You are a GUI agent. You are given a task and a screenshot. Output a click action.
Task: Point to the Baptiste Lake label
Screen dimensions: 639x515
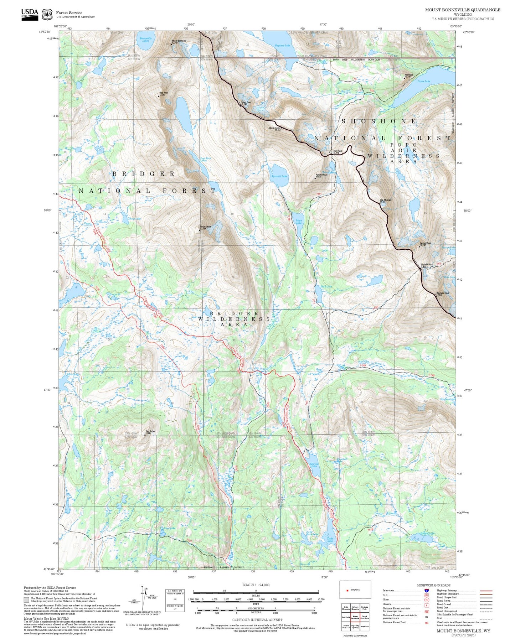coord(282,46)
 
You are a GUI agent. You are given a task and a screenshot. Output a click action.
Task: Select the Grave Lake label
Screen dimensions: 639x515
coord(424,81)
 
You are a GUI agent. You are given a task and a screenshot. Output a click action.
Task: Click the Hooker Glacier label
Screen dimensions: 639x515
coord(261,109)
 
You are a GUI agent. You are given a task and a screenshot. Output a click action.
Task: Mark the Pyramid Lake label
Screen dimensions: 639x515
coord(279,176)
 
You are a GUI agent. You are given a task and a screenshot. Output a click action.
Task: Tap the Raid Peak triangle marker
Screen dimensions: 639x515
coord(159,96)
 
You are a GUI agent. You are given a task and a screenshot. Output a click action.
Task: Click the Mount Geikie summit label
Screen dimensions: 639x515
coord(206,227)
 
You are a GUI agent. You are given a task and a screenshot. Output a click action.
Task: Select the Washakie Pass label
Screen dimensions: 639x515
coord(426,265)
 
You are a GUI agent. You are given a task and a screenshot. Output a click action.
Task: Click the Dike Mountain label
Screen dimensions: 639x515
coord(385,201)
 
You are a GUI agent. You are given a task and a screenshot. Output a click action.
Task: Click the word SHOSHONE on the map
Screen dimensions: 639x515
coord(378,121)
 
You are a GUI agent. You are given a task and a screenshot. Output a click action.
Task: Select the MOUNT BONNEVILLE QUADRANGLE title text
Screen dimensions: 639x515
coord(462,10)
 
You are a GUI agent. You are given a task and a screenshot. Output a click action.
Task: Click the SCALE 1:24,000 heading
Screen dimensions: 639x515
coord(256,585)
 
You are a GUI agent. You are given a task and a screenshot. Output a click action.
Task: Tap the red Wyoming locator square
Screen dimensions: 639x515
coord(347,590)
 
